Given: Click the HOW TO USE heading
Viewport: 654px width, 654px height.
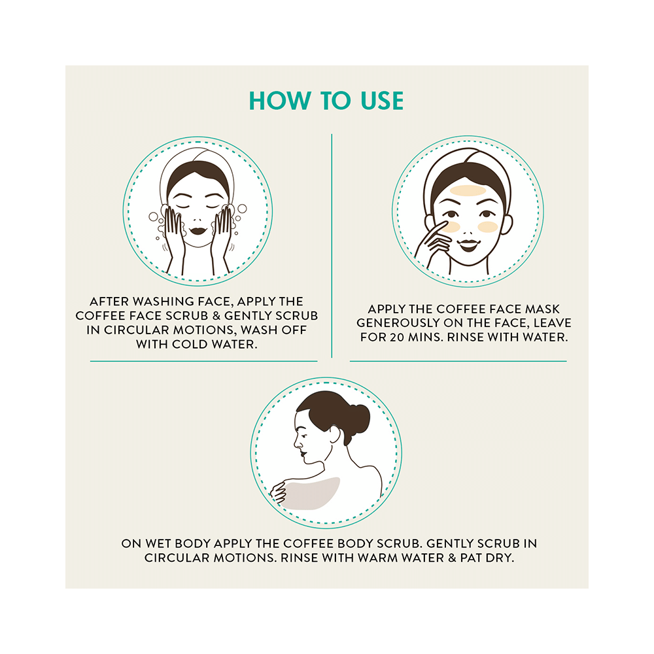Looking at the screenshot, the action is [x=326, y=101].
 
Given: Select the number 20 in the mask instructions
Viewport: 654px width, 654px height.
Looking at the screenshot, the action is [x=397, y=337].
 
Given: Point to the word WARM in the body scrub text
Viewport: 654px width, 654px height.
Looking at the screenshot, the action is [x=377, y=558].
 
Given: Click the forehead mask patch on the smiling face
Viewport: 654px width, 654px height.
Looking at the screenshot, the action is [x=468, y=191].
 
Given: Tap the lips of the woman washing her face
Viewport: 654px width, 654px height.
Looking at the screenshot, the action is [x=198, y=231].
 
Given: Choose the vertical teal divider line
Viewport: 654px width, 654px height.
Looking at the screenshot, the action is [x=332, y=246].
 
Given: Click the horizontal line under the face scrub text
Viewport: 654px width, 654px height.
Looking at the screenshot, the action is [x=203, y=361].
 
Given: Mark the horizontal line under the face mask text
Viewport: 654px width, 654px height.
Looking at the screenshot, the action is [x=458, y=361].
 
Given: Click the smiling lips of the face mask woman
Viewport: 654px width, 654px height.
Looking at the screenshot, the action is [x=468, y=245].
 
